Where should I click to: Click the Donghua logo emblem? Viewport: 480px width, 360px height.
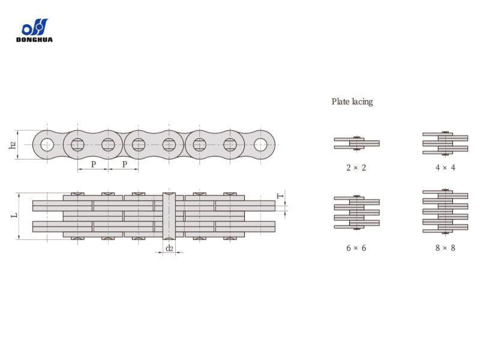click(35, 27)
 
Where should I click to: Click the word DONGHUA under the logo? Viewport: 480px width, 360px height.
click(34, 40)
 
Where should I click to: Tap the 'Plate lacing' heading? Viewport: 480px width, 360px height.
click(352, 101)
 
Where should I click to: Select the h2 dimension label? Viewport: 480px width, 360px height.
click(13, 145)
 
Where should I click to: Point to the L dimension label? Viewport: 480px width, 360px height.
click(14, 215)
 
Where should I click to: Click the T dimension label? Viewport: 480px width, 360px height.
click(280, 196)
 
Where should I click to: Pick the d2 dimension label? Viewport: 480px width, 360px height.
click(169, 248)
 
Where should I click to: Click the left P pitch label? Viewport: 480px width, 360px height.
click(94, 164)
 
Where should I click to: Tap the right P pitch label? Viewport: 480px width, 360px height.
click(124, 164)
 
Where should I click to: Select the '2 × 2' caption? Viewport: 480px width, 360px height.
click(356, 167)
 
